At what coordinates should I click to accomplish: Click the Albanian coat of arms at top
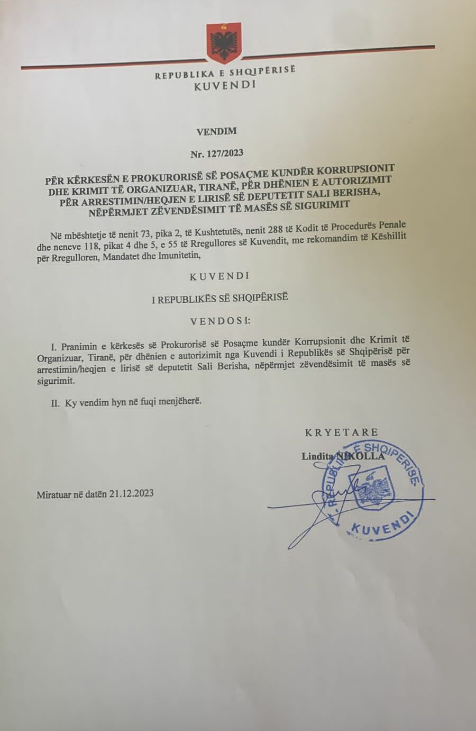click(x=224, y=42)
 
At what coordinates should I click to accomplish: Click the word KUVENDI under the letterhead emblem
click(x=225, y=85)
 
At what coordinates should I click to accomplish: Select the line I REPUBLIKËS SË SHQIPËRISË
click(x=219, y=298)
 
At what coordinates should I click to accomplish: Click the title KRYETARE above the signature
click(x=341, y=432)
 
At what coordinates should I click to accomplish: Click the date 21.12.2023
click(x=132, y=493)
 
